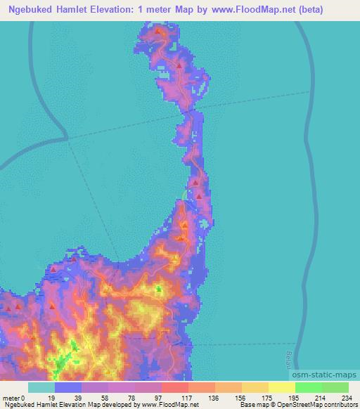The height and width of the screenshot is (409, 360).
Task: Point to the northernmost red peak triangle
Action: [158, 32]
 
